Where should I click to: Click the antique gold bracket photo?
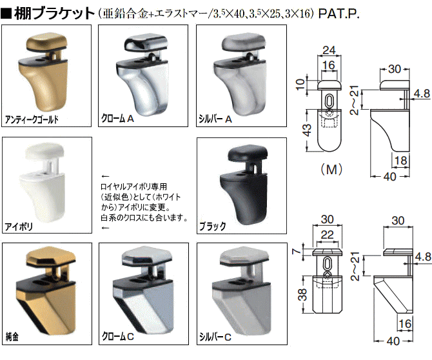[43, 71]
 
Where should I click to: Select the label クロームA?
[117, 119]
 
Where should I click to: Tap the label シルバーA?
[215, 119]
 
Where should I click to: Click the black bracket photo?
[244, 184]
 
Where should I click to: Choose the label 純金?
[12, 336]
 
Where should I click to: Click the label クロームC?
[117, 336]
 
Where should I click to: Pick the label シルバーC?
[215, 337]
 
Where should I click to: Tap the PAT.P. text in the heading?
[339, 14]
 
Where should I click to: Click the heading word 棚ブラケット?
[54, 14]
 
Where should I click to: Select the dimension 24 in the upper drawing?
[329, 50]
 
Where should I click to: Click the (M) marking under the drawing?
[331, 169]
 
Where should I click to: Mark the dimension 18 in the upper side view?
[400, 161]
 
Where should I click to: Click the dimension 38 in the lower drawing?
[302, 294]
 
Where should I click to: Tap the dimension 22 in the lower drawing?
[327, 235]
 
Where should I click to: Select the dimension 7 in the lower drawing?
[296, 252]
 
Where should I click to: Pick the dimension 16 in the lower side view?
[405, 324]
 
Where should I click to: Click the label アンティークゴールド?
[32, 119]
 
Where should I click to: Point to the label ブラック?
[213, 226]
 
